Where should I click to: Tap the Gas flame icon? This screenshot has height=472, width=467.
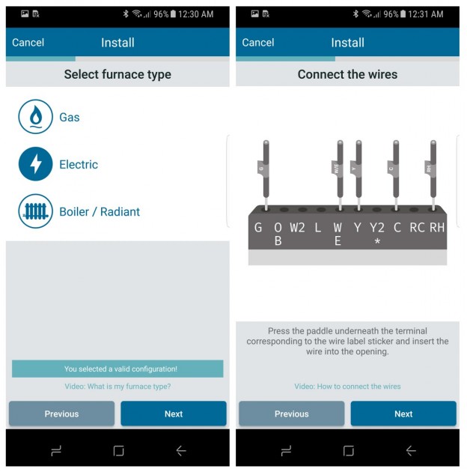(35, 117)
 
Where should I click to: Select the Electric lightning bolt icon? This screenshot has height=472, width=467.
(35, 164)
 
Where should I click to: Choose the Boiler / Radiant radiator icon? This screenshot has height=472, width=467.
(35, 211)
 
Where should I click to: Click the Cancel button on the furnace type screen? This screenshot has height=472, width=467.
(28, 43)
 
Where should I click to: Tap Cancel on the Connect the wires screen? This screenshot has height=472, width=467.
(258, 43)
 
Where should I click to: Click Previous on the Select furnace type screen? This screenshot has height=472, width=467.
(61, 414)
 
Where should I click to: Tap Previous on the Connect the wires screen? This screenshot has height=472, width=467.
(291, 414)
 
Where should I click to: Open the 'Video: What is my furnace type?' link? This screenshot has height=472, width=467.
(117, 387)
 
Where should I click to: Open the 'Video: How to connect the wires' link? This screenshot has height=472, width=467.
(347, 387)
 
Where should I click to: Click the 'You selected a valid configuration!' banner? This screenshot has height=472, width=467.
(117, 369)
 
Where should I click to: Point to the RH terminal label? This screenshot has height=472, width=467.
(437, 227)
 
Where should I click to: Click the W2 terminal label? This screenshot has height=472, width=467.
(297, 227)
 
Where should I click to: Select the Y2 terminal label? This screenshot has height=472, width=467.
(377, 227)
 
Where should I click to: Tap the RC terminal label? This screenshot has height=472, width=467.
(417, 227)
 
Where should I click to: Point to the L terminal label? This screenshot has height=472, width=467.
(317, 227)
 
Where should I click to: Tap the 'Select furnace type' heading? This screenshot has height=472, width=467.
(117, 74)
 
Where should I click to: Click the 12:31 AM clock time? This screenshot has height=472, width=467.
(426, 14)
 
